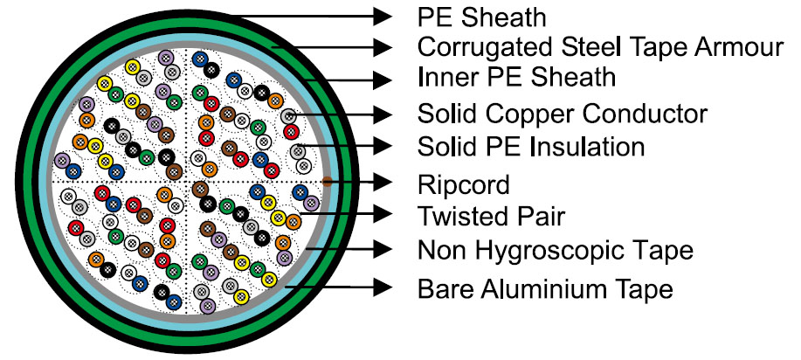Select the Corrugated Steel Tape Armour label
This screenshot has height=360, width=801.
[x=600, y=46]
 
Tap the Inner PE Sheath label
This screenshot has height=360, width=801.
[x=516, y=79]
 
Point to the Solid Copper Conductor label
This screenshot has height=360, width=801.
[x=563, y=114]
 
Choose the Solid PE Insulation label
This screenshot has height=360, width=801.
[x=531, y=146]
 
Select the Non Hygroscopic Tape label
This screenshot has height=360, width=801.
[x=555, y=251]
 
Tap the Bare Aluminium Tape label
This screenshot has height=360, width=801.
[x=546, y=287]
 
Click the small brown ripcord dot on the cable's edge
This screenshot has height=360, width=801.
[x=326, y=182]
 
